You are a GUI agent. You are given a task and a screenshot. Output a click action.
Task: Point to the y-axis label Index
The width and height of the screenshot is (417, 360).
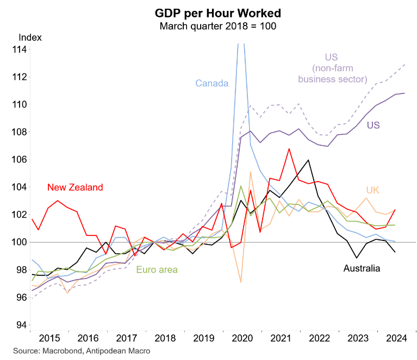tap(30, 38)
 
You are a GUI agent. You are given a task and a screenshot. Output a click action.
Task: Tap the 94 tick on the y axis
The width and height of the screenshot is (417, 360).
tap(20, 325)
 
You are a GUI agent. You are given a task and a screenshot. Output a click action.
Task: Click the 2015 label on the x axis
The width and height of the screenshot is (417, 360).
tap(49, 338)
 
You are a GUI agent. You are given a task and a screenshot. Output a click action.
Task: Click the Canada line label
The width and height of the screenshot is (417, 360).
tap(211, 83)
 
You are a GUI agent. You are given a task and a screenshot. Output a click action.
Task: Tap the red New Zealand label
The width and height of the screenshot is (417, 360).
tap(75, 188)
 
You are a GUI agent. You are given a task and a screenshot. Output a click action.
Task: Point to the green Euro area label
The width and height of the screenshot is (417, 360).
tap(157, 270)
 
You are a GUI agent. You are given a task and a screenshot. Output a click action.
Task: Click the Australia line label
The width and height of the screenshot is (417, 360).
tap(362, 268)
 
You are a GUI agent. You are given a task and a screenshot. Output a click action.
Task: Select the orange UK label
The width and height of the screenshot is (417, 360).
tap(372, 190)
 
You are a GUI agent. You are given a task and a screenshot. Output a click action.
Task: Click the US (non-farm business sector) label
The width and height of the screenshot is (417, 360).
tap(332, 68)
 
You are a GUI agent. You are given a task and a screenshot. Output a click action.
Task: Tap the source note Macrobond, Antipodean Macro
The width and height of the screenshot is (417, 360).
tap(82, 351)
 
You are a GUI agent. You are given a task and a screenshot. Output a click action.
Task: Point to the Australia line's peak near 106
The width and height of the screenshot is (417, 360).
tap(308, 160)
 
